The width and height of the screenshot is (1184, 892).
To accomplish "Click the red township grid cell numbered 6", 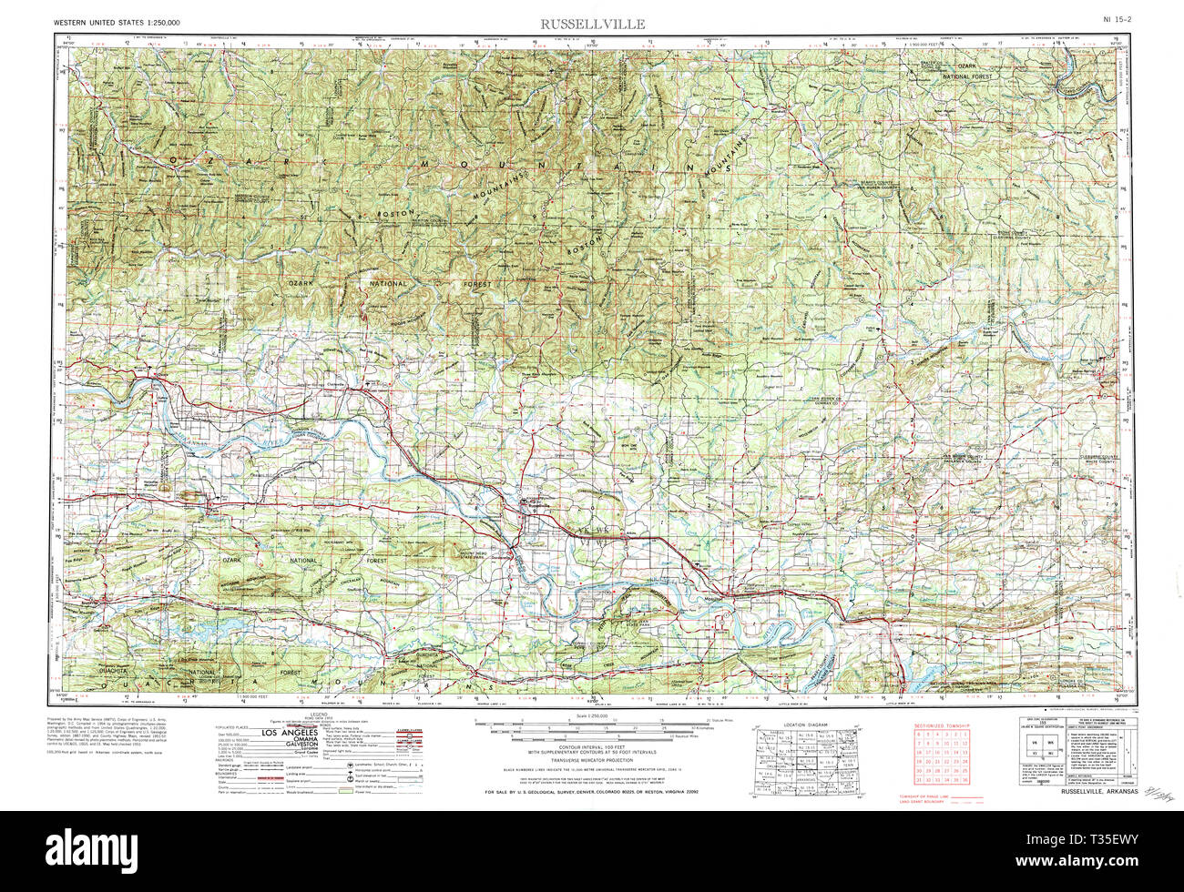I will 918,734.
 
